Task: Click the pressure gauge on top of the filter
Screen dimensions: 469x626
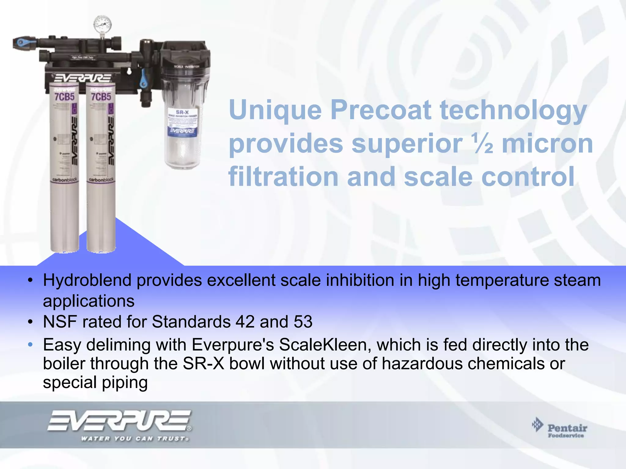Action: coord(102,24)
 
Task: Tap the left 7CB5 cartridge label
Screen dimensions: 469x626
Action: coord(64,97)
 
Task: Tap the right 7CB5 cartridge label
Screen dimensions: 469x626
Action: coord(101,97)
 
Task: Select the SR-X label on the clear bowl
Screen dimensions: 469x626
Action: coord(182,112)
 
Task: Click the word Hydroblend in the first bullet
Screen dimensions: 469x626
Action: coord(87,280)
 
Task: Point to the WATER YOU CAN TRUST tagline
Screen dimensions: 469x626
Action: coord(134,439)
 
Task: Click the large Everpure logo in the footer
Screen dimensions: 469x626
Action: coord(119,421)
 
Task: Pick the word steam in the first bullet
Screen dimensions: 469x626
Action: coord(578,280)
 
